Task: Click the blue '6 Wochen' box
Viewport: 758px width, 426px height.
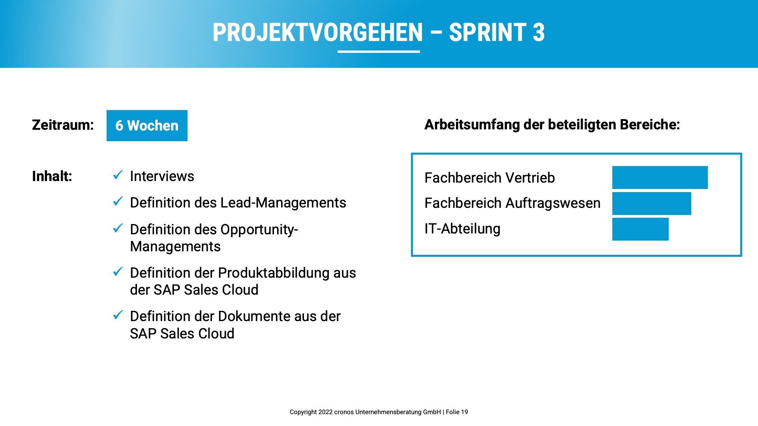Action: [x=147, y=125]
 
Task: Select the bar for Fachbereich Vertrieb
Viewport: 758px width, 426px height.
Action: [x=660, y=177]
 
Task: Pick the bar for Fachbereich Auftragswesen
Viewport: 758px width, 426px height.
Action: [x=652, y=204]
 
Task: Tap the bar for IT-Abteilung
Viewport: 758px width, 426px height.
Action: [x=640, y=229]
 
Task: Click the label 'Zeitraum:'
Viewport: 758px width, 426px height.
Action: [x=63, y=125]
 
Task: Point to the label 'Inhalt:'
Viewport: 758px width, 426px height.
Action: [x=52, y=176]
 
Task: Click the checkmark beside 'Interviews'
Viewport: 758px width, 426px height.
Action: [x=118, y=175]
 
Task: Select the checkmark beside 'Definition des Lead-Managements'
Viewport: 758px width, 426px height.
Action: [x=118, y=201]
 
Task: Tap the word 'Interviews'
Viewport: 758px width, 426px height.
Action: [x=162, y=176]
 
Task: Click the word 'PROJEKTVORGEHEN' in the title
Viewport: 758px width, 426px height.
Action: [x=318, y=32]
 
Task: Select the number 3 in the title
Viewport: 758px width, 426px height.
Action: [x=538, y=32]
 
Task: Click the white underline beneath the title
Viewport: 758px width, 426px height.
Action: [x=379, y=52]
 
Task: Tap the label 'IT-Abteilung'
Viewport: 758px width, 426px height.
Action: [x=462, y=229]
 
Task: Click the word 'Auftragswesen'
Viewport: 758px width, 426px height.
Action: [x=553, y=203]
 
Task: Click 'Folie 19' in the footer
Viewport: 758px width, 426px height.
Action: [x=457, y=412]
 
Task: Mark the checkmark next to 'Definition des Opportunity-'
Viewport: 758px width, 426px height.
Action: [x=118, y=228]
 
